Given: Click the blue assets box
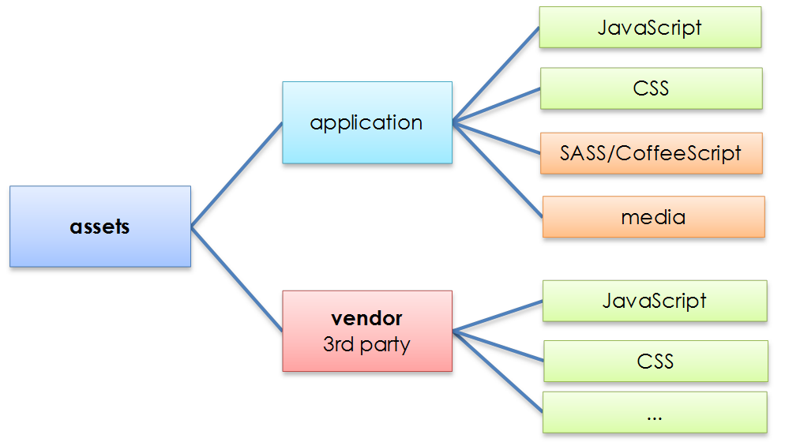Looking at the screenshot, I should point(100,227).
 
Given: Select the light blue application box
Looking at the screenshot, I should point(367,122).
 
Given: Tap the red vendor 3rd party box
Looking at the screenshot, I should point(367,331).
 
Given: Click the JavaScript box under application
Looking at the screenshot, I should point(650,28).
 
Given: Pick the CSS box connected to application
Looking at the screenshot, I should point(651,88).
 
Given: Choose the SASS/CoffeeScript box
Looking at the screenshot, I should point(651,153).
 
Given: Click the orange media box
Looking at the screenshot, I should point(653,217).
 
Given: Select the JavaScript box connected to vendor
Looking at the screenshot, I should point(654,301).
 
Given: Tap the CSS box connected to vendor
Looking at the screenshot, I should point(655,362).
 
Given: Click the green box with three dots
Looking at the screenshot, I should point(655,412).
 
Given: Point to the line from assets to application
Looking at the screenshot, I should point(237,174).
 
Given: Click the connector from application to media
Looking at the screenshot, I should point(498,169).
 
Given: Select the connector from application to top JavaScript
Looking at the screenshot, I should point(496,76).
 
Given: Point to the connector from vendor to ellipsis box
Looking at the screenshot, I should point(498,371).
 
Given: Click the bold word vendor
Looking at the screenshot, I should point(367,319).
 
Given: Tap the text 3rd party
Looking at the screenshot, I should point(367,344).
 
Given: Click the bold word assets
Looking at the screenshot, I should point(100,227).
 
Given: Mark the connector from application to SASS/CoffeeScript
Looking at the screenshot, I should point(498,137).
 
